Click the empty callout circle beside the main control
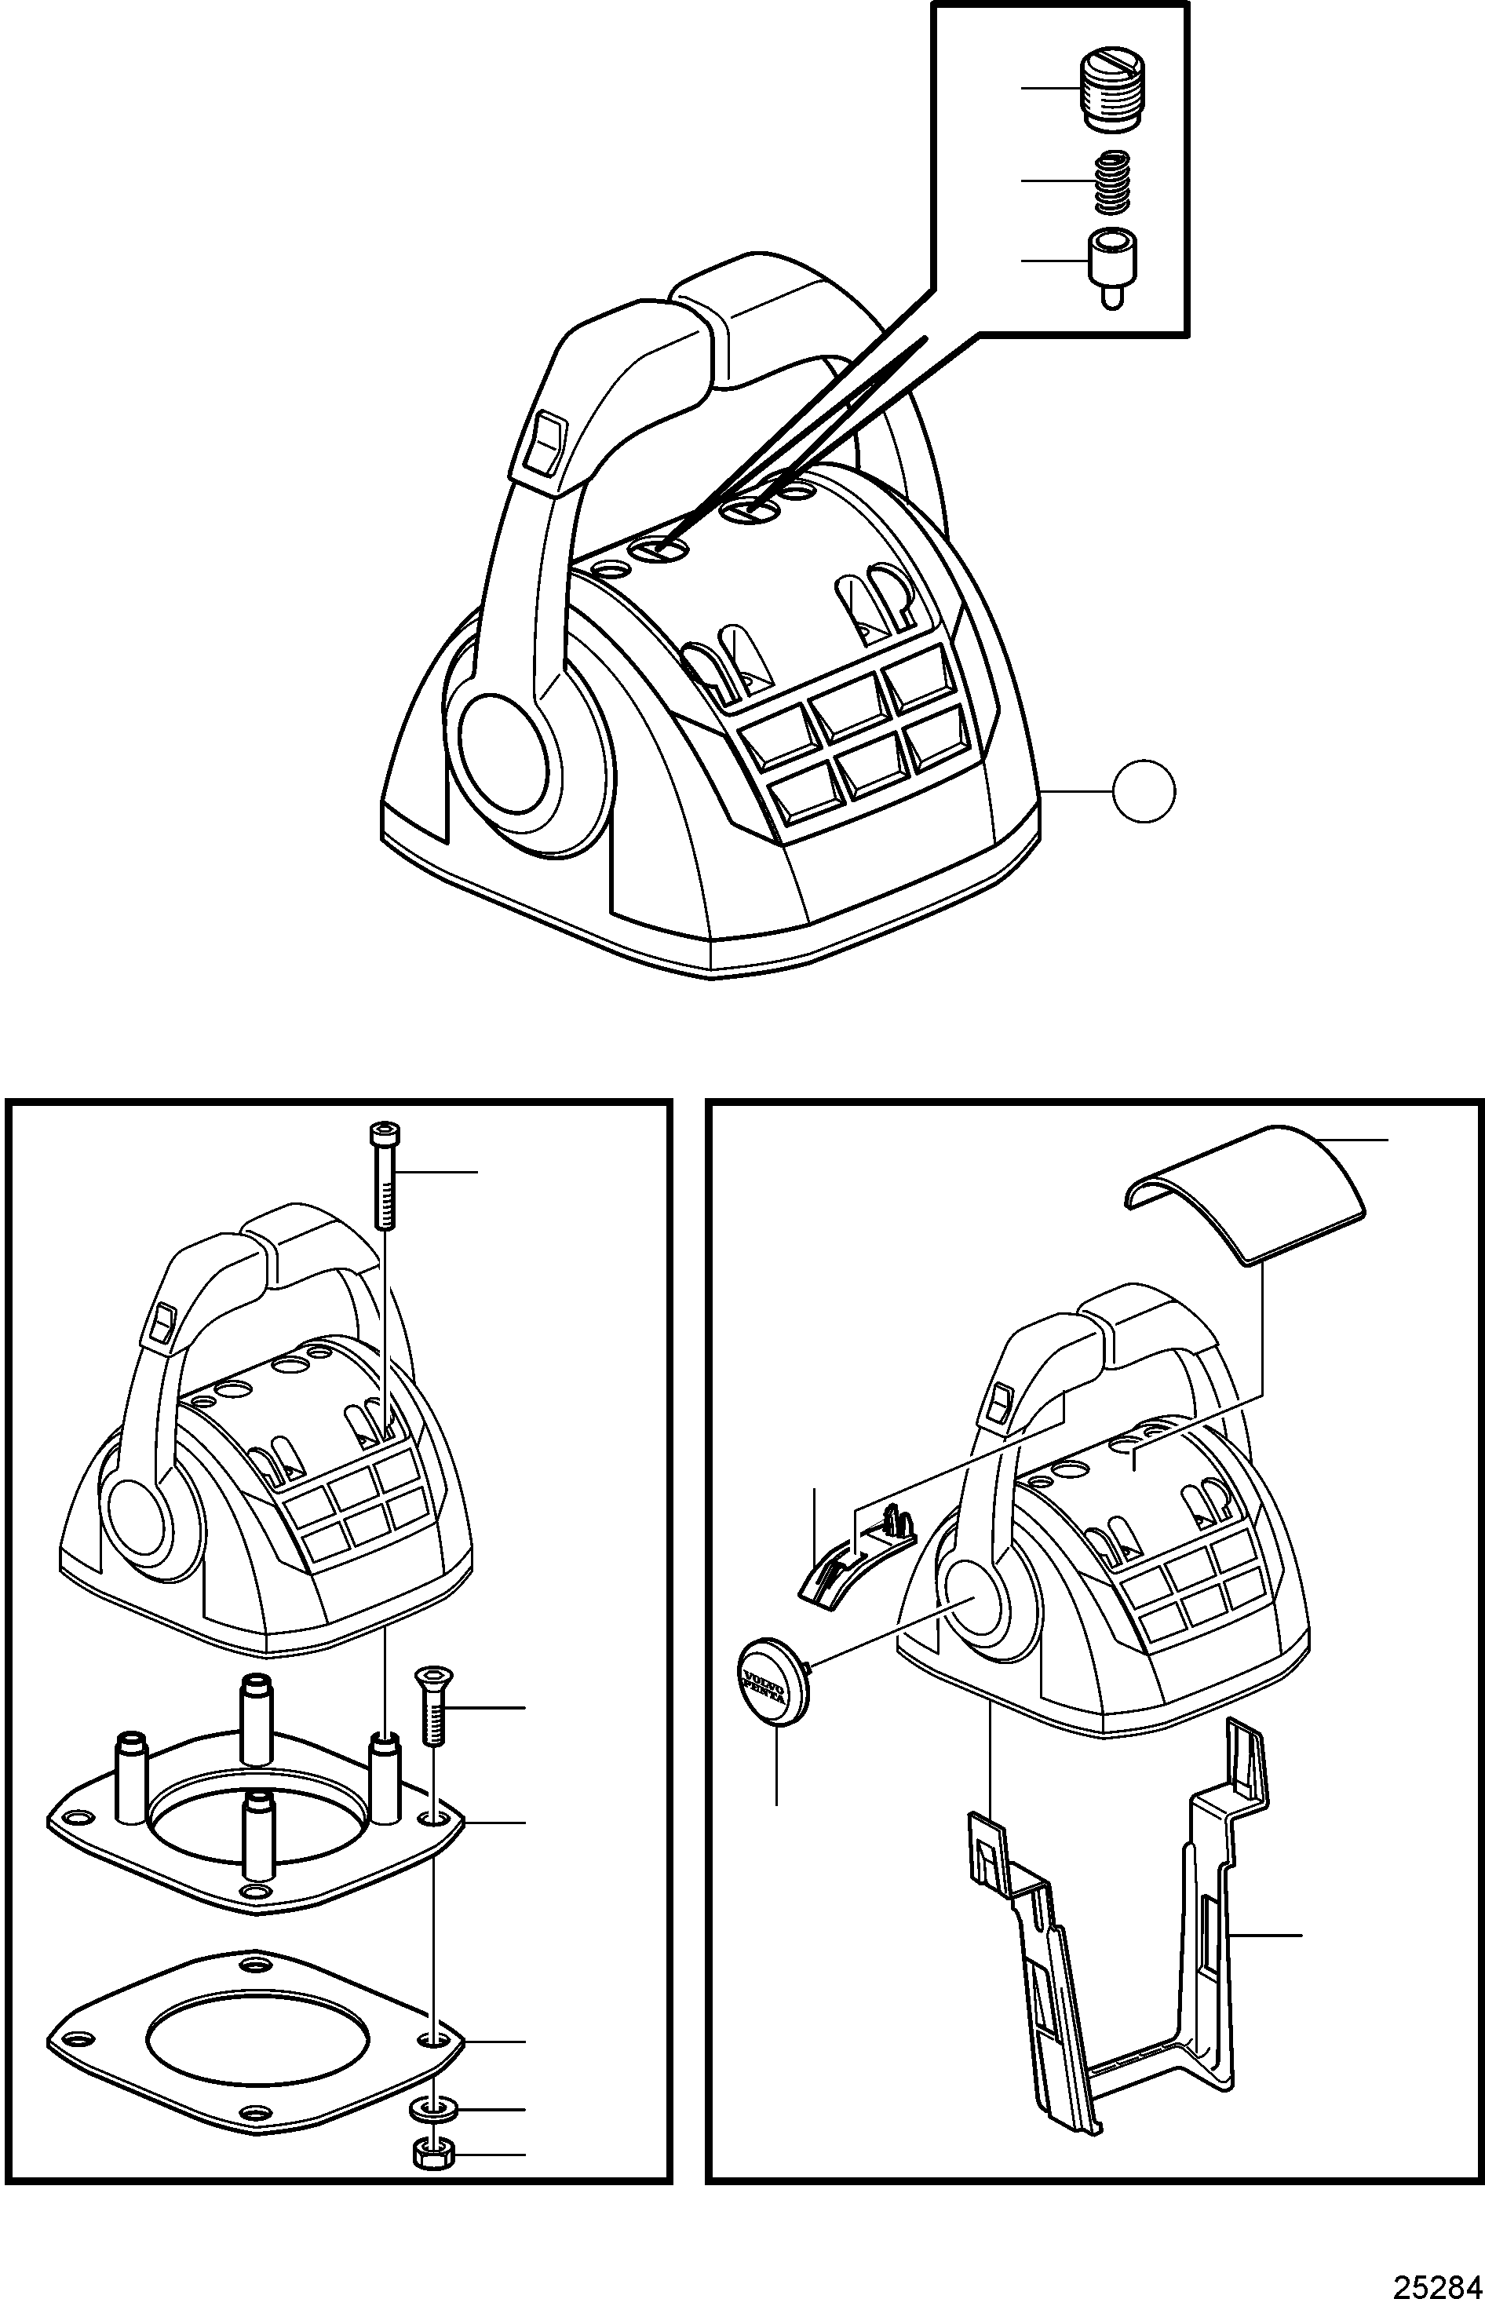pos(1144,790)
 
